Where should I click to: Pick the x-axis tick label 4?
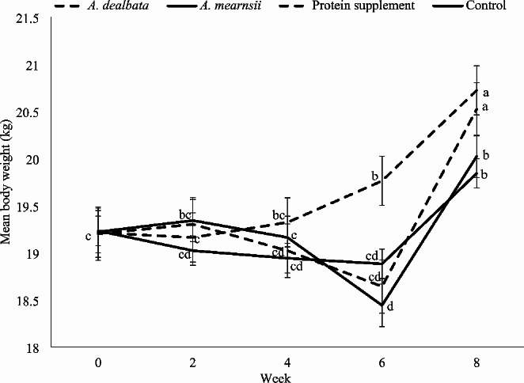287,362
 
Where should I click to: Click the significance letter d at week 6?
390,305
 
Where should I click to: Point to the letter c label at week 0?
89,236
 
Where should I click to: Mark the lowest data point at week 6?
382,305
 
